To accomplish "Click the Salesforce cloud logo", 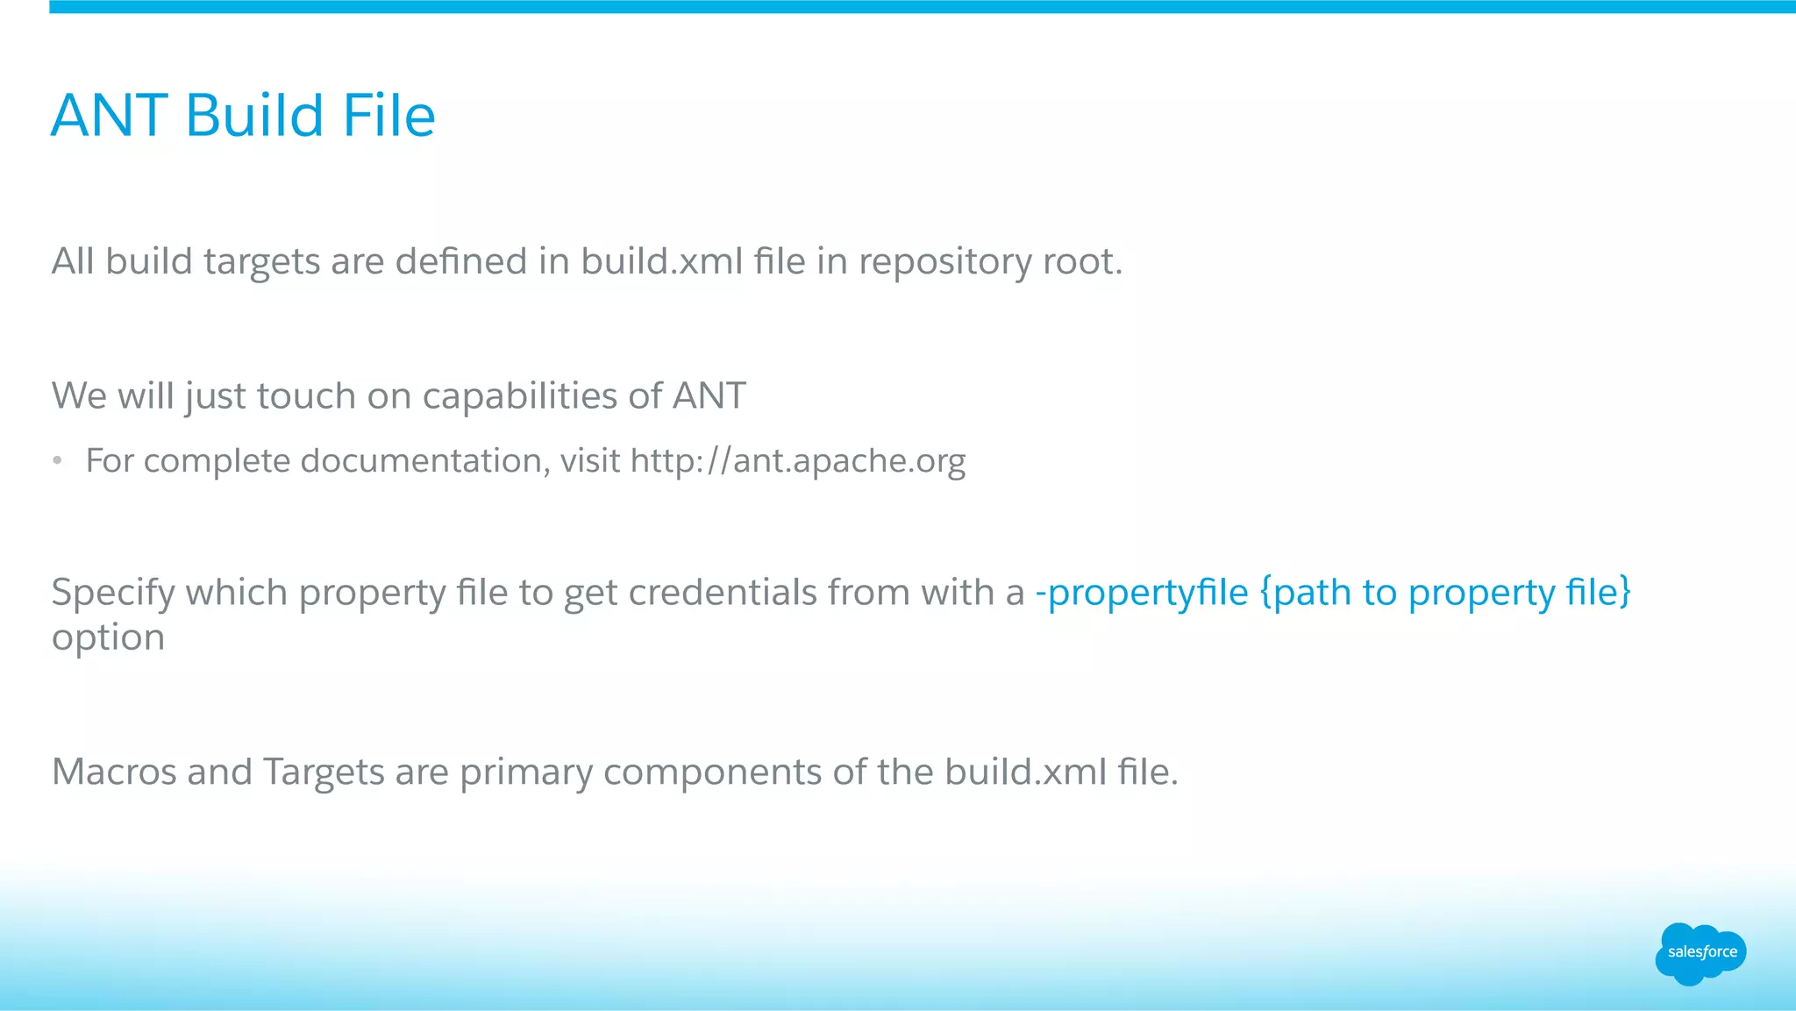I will (x=1700, y=952).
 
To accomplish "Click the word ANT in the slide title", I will (x=110, y=116).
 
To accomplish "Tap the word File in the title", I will (x=388, y=116).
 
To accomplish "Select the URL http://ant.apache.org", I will (x=797, y=461).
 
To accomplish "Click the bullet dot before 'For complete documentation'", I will (x=57, y=461).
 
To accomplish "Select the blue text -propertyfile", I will (x=1141, y=594).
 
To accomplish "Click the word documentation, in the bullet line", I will (x=425, y=461).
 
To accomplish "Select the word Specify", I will (x=113, y=594).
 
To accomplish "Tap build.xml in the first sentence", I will (x=661, y=262).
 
